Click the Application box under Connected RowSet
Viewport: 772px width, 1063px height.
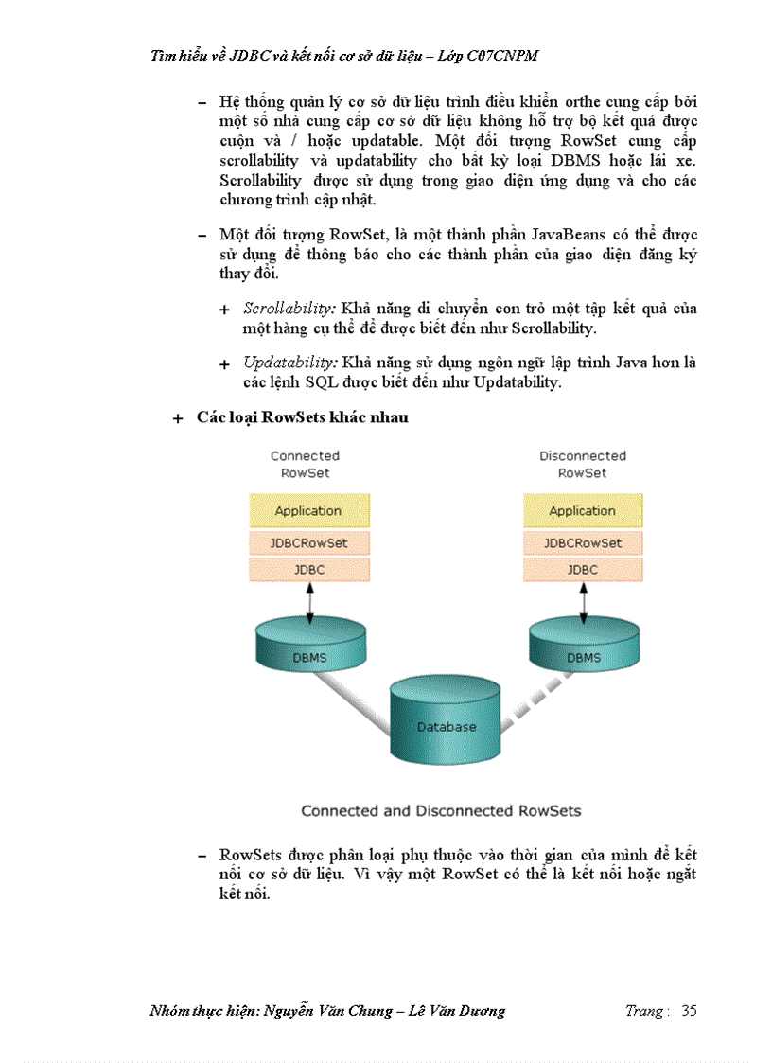pyautogui.click(x=308, y=511)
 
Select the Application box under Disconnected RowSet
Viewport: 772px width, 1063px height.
pyautogui.click(x=583, y=511)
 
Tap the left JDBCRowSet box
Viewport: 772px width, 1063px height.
pyautogui.click(x=308, y=543)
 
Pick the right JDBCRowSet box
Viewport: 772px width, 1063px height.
pyautogui.click(x=583, y=543)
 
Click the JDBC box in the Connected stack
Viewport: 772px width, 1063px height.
pyautogui.click(x=308, y=570)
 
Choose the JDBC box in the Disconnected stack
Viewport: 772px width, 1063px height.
pyautogui.click(x=583, y=570)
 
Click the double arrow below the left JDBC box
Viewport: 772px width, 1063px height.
pyautogui.click(x=308, y=601)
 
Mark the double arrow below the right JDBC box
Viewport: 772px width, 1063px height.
pyautogui.click(x=583, y=601)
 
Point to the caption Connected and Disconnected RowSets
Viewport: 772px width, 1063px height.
pyautogui.click(x=441, y=811)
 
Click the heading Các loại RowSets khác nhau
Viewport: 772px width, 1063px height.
pyautogui.click(x=303, y=417)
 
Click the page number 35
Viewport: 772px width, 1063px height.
pyautogui.click(x=689, y=1011)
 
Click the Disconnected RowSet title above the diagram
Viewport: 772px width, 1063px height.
pyautogui.click(x=583, y=464)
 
